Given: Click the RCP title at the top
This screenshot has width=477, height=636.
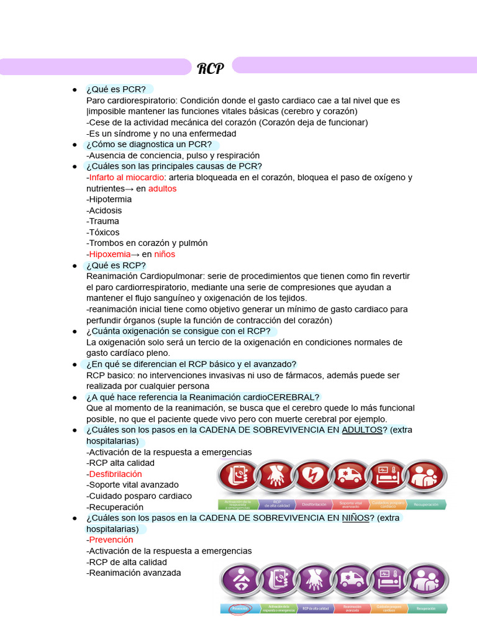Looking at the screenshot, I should tap(211, 68).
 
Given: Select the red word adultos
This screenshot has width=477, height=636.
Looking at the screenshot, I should tap(162, 189).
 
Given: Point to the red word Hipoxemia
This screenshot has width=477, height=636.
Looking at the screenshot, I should tap(110, 254).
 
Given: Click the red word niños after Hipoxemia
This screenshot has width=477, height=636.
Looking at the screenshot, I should tap(165, 254).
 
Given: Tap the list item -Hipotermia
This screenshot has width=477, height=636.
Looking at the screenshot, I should tap(109, 199).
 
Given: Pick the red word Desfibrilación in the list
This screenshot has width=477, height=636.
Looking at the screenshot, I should tap(116, 474).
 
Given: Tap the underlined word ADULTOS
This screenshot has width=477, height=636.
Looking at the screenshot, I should tap(362, 430).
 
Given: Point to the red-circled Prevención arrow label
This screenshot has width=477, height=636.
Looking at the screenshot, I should tap(240, 609).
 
